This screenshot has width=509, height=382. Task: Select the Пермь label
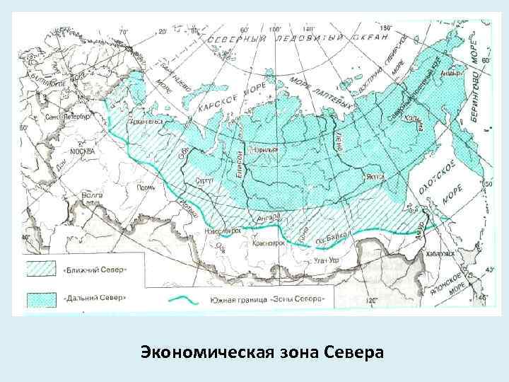tap(146, 188)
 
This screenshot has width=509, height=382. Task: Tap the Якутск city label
tap(375, 177)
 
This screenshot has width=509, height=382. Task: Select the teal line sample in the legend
tap(187, 299)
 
